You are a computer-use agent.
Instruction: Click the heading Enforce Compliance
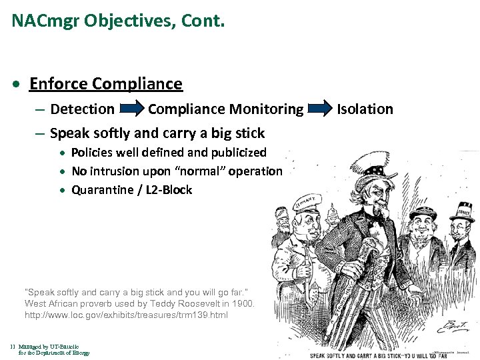pos(105,84)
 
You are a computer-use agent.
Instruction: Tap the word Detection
pos(82,109)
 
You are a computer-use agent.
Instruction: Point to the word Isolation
pos(365,109)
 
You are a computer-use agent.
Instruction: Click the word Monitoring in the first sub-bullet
pos(266,109)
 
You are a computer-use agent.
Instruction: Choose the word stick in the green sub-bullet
pos(247,133)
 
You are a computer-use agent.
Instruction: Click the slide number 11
pos(13,347)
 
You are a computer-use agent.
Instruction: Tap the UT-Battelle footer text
pos(49,347)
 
